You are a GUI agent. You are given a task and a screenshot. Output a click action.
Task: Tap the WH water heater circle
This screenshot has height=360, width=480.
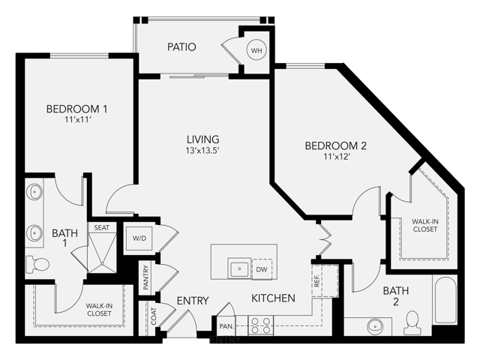click(256, 50)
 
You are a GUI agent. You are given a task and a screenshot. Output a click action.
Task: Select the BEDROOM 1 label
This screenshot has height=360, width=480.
click(76, 109)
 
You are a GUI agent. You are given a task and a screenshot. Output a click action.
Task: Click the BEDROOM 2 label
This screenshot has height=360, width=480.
click(335, 145)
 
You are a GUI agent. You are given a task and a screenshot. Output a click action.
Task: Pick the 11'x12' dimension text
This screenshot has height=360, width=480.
click(335, 158)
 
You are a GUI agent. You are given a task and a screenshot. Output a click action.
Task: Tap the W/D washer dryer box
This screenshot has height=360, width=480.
click(139, 238)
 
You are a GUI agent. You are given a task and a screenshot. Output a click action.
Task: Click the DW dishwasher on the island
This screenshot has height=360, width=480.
click(262, 268)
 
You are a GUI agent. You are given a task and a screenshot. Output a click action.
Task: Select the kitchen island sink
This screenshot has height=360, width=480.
click(239, 268)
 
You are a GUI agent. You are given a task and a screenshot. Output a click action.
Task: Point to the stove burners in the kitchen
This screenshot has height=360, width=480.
click(260, 325)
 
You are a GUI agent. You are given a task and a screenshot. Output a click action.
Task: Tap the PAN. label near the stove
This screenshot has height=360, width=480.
click(226, 326)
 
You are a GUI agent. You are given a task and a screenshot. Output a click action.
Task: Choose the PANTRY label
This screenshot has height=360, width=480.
click(146, 276)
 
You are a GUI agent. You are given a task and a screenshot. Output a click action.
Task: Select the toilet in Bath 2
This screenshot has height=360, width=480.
click(411, 322)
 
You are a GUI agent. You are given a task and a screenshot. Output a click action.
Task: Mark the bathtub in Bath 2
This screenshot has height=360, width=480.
click(444, 305)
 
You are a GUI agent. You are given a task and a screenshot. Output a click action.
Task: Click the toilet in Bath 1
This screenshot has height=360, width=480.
click(38, 264)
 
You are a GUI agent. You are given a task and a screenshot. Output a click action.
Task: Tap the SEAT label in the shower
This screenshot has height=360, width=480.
click(100, 228)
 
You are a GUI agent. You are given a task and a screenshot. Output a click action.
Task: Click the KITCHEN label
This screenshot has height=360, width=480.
click(273, 298)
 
